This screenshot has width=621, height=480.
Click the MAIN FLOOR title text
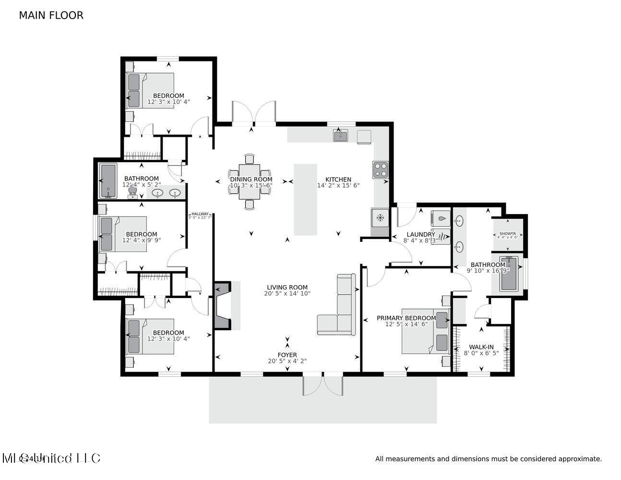click(x=51, y=15)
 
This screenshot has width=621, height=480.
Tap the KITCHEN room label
click(x=338, y=180)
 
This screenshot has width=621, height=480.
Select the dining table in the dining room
click(x=249, y=181)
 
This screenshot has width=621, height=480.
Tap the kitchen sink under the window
click(x=341, y=136)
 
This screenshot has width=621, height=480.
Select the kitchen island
click(x=305, y=200)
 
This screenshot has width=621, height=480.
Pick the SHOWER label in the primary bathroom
click(x=507, y=233)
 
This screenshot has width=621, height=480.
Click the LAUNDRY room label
click(x=420, y=235)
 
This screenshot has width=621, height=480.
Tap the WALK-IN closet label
click(x=481, y=347)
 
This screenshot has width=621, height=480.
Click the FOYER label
click(x=287, y=355)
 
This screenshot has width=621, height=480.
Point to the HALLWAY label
click(x=200, y=214)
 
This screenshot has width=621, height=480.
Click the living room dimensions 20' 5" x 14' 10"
click(x=287, y=293)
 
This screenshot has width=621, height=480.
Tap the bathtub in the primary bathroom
click(x=508, y=274)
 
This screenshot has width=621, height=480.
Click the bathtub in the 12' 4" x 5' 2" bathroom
click(x=108, y=181)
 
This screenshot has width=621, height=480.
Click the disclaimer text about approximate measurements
click(x=488, y=459)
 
